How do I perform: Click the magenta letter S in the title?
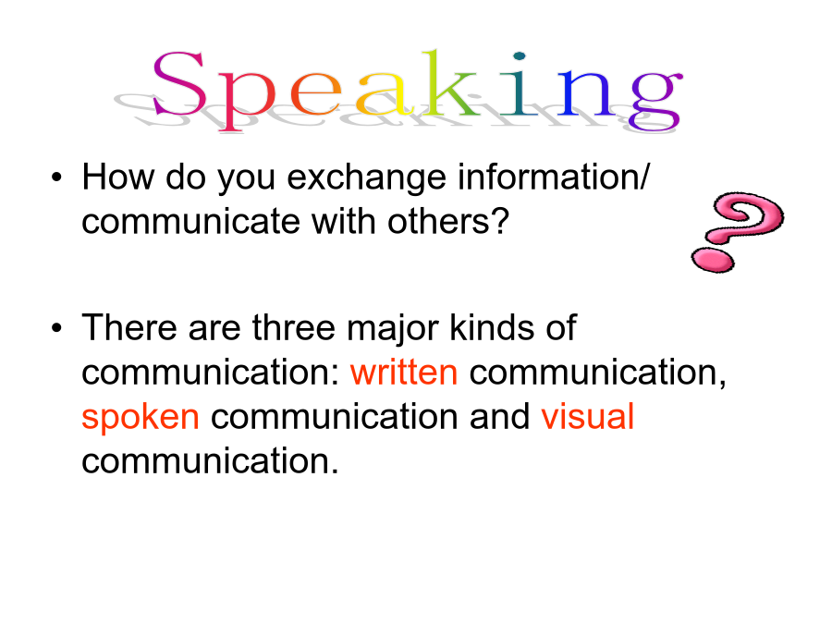point(178,83)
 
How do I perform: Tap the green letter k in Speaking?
point(450,82)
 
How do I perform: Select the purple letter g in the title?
point(655,100)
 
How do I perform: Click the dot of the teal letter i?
point(520,55)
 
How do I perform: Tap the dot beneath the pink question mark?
point(713,260)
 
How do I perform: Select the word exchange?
point(367,177)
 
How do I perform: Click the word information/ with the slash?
point(554,177)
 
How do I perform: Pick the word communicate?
point(191,221)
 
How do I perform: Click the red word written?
point(404,372)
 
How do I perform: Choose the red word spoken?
point(141,418)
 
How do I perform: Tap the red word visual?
point(587,416)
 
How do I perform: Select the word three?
point(293,327)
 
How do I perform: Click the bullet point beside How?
point(56,177)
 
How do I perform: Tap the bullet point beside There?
point(56,328)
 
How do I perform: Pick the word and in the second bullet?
point(499,416)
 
